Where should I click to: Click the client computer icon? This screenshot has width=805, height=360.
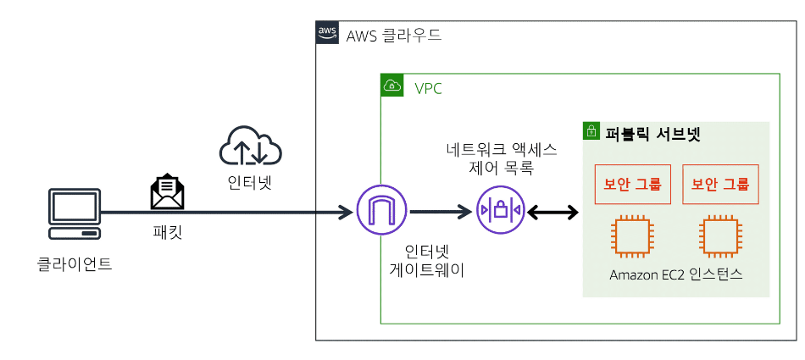click(x=75, y=213)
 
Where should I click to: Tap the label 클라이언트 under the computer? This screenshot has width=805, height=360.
click(x=75, y=263)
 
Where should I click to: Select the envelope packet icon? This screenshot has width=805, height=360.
click(x=167, y=192)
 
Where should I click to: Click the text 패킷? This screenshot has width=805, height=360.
click(x=167, y=230)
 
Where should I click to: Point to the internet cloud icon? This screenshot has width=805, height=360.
click(x=250, y=147)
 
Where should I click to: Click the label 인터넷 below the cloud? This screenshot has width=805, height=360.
click(x=250, y=182)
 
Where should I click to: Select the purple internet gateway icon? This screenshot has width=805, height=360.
click(x=381, y=212)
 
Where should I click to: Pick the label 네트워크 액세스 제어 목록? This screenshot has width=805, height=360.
click(x=501, y=158)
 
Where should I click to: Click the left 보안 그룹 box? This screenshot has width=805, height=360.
click(x=632, y=184)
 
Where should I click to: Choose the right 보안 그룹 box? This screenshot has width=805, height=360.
click(x=720, y=184)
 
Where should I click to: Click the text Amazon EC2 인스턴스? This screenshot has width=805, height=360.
click(x=675, y=275)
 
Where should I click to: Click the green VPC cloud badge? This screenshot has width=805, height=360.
click(x=391, y=85)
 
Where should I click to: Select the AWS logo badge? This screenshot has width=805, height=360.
click(x=327, y=34)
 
